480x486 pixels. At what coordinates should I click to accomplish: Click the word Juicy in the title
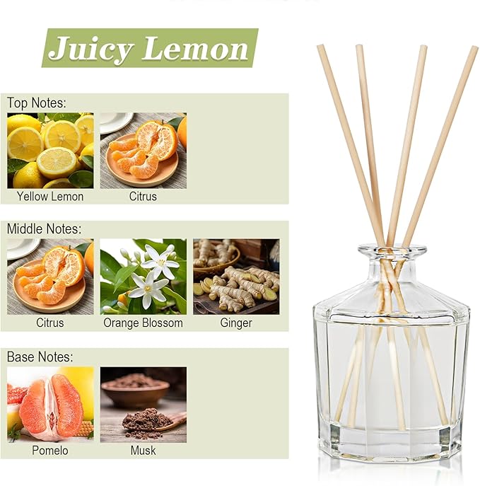tap(91, 49)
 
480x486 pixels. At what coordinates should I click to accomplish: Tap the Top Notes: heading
tap(36, 103)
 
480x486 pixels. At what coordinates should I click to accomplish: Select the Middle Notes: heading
tap(44, 229)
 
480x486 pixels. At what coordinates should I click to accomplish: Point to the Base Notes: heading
tap(40, 357)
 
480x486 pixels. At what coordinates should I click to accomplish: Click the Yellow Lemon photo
tap(50, 150)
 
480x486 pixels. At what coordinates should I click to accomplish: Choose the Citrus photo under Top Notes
tap(143, 150)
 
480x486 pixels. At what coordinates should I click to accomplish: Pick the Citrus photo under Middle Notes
tap(50, 276)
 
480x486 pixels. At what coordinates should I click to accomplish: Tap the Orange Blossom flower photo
tap(143, 276)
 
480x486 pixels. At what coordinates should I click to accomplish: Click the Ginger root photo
tap(236, 276)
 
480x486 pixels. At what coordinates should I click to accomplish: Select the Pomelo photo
tap(50, 403)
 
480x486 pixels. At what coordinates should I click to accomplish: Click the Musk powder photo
tap(143, 403)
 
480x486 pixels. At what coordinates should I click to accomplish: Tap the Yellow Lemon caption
tap(50, 196)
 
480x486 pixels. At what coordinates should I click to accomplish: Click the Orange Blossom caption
tap(143, 323)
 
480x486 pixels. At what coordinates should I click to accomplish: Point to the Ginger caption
tap(236, 323)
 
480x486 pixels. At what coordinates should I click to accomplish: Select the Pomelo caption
tap(50, 450)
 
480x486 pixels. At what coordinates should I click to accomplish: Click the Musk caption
tap(143, 450)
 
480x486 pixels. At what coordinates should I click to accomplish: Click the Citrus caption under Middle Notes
tap(50, 323)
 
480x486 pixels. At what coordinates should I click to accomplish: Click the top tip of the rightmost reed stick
tap(474, 50)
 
